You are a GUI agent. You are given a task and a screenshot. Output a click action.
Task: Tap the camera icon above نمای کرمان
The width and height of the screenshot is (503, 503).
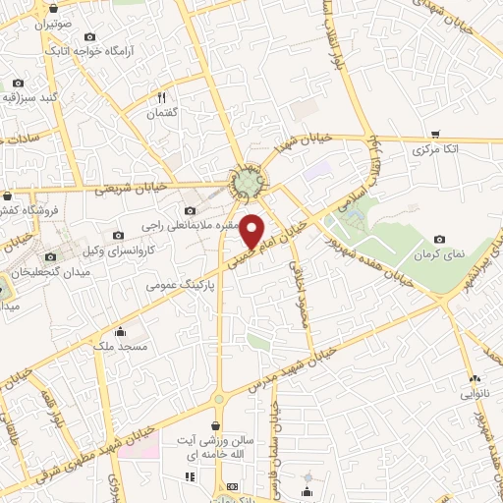pos(438,239)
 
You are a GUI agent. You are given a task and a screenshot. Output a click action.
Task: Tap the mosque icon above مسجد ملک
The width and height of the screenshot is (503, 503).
pos(120,330)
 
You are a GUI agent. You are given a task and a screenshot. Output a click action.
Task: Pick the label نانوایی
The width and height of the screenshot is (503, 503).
pos(475,395)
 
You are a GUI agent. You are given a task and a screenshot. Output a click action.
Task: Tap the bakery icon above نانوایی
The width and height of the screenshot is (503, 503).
pos(475,379)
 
